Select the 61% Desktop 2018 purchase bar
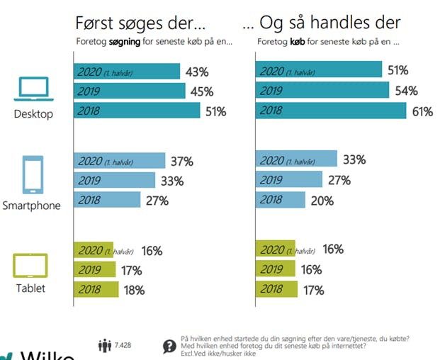pyautogui.click(x=331, y=111)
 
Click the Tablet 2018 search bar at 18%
pyautogui.click(x=96, y=289)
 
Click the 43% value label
pyautogui.click(x=196, y=72)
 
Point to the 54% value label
pyautogui.click(x=405, y=90)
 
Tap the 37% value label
pyautogui.click(x=181, y=162)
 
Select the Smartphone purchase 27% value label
pyautogui.click(x=339, y=180)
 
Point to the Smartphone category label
pyautogui.click(x=31, y=206)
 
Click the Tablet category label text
pyautogui.click(x=31, y=288)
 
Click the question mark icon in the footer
pyautogui.click(x=169, y=347)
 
